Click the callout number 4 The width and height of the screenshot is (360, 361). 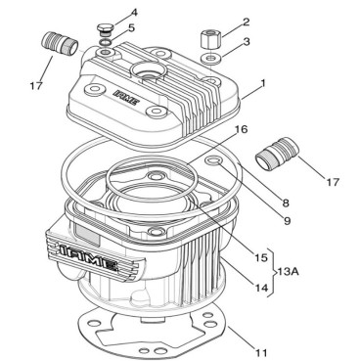[x=134, y=14]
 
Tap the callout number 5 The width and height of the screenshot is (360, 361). [x=131, y=27]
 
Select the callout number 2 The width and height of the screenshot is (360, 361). [x=246, y=23]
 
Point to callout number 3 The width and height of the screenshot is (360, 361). [x=247, y=42]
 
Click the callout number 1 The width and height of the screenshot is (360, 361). [x=263, y=83]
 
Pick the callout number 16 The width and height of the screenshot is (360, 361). [x=242, y=129]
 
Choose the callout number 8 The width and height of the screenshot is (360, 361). [x=286, y=203]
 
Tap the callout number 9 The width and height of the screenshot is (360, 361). [x=287, y=221]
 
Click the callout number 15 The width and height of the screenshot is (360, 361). [x=261, y=257]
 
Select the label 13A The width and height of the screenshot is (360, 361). [x=288, y=271]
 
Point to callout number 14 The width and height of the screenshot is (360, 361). [x=261, y=288]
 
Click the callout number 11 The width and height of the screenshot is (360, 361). [x=261, y=352]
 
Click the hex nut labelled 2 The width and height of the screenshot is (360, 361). [x=211, y=38]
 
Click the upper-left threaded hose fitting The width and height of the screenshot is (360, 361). [x=60, y=44]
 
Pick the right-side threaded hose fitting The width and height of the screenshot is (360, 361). [x=277, y=153]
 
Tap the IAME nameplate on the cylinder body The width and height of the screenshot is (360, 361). [x=96, y=254]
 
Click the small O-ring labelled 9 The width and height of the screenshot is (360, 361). [x=214, y=159]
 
